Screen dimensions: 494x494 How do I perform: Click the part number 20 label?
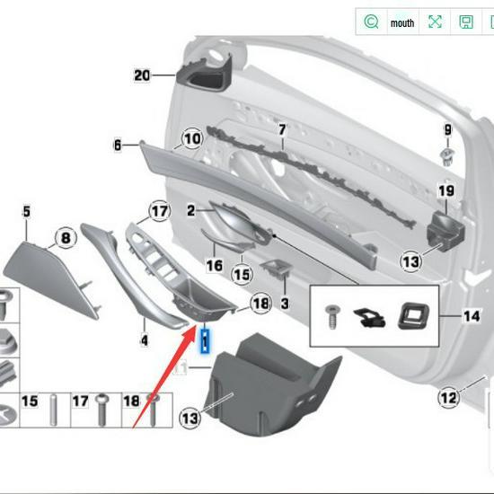coord(142,75)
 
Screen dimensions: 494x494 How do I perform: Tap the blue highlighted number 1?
coord(205,340)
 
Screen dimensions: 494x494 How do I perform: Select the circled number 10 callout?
coord(192,139)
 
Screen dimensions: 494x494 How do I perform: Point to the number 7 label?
coord(281,131)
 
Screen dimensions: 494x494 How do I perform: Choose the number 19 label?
coord(445,191)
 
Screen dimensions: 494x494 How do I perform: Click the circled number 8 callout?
coord(65,239)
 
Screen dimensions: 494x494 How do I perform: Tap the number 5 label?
coord(26,212)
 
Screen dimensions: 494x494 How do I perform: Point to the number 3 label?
coord(285,304)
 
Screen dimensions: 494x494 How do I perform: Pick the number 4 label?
coord(144,340)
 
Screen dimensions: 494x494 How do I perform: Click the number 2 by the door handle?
coord(190,211)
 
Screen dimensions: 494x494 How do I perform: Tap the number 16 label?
coord(214,266)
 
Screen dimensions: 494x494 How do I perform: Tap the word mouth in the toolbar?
coord(402,22)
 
